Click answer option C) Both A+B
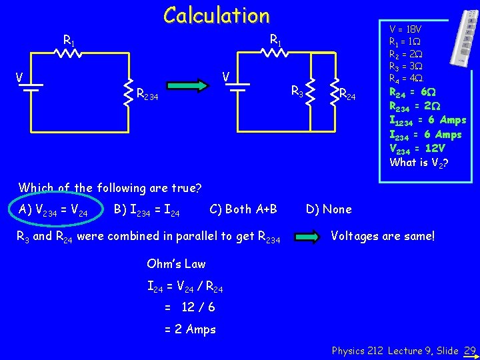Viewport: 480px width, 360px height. (243, 209)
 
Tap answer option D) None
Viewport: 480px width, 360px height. (328, 209)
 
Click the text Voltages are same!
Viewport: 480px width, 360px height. (383, 235)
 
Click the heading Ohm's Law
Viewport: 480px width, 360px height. (176, 263)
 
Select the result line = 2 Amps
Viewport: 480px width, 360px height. (190, 329)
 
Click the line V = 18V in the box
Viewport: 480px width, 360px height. (405, 30)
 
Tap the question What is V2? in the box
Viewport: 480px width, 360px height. (419, 162)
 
